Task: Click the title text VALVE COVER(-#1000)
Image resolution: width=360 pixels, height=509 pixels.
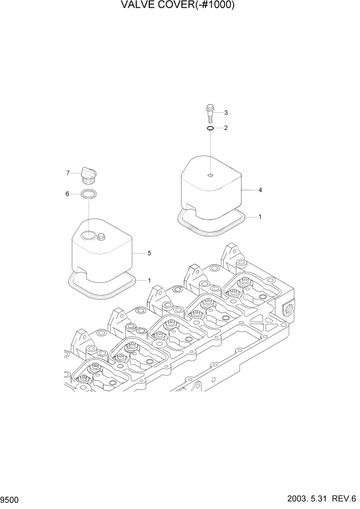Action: [179, 6]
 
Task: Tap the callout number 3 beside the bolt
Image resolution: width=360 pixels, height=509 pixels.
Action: [226, 112]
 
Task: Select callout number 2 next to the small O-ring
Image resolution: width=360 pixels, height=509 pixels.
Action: [226, 128]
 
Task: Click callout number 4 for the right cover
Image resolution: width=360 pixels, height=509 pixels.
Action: [261, 190]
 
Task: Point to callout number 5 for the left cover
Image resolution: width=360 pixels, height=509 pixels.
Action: [149, 253]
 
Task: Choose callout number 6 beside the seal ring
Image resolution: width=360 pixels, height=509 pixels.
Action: [67, 194]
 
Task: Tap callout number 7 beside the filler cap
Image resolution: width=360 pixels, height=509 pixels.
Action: [67, 173]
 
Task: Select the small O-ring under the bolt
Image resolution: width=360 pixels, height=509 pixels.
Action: [211, 128]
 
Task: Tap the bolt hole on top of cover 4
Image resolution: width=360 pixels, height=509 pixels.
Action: [211, 175]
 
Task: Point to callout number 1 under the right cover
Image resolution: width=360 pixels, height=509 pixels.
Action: [261, 217]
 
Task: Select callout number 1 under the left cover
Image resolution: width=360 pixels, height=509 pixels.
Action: [149, 280]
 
